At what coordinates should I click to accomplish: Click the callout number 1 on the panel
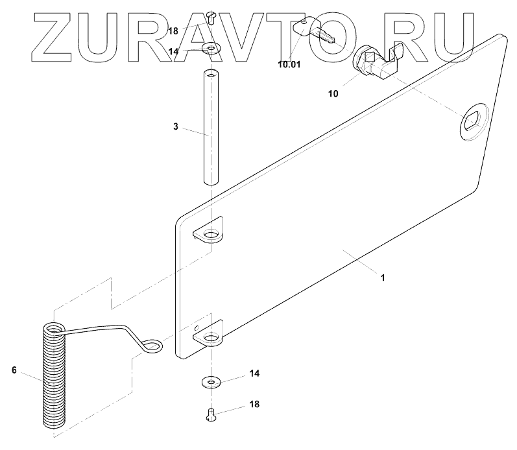click(x=383, y=278)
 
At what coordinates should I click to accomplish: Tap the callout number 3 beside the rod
click(x=175, y=126)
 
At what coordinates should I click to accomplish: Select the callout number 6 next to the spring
click(x=14, y=370)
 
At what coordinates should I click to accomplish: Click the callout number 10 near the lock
click(x=333, y=93)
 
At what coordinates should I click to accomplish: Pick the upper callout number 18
click(x=173, y=31)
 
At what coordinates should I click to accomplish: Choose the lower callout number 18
click(x=254, y=404)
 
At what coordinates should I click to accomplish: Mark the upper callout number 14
click(x=173, y=51)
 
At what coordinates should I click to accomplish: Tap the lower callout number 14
click(x=254, y=374)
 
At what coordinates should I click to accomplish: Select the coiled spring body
click(x=54, y=376)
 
